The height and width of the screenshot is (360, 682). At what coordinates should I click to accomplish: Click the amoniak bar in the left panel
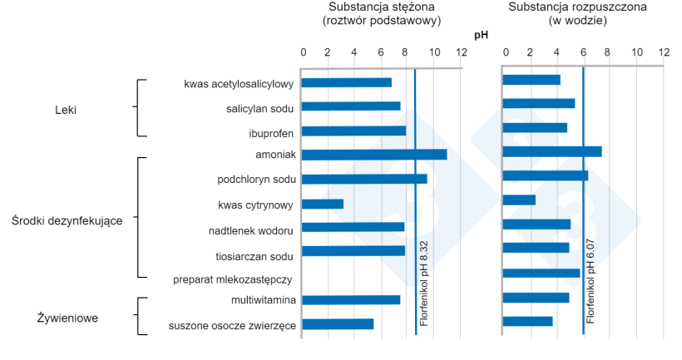373,155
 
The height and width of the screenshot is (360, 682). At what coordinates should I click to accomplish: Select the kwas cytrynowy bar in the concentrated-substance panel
322,204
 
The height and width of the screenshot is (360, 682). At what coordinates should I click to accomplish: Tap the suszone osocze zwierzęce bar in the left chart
337,324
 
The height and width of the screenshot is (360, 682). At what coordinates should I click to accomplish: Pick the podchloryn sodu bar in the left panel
363,179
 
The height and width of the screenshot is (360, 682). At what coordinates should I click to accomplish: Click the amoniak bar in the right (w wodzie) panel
552,151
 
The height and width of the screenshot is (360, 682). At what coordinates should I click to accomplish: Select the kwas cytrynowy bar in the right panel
519,200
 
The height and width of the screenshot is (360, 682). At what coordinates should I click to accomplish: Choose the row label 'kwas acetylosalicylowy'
239,84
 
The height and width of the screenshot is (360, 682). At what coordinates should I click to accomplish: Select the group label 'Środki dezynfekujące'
67,220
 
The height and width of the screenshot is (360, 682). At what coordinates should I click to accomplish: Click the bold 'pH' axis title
481,35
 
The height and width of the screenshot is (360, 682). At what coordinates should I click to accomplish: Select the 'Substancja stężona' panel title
381,7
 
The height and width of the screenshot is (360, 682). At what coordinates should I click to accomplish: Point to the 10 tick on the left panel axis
433,52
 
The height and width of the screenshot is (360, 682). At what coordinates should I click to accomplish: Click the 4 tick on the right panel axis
556,52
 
